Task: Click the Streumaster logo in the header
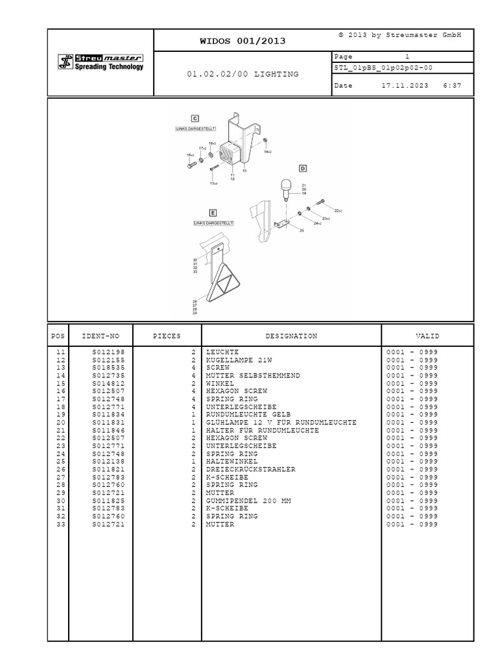tap(101, 62)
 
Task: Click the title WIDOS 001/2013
tap(243, 41)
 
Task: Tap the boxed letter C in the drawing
tap(195, 118)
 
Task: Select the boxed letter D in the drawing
tap(302, 168)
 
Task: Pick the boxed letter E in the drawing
tap(213, 212)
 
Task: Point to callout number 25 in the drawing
tap(301, 230)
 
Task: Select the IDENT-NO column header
tap(101, 336)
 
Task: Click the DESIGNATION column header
tap(291, 336)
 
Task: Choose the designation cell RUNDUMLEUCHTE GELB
tap(248, 414)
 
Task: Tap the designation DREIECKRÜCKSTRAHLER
tap(251, 469)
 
